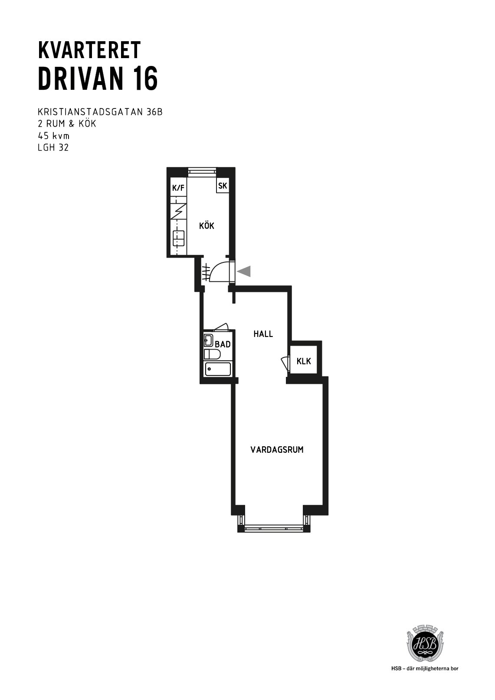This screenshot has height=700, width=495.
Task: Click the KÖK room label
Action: [207, 226]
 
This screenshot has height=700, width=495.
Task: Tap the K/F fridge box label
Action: [178, 188]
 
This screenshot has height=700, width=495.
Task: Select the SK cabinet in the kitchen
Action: [223, 186]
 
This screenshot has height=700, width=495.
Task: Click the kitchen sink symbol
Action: [178, 238]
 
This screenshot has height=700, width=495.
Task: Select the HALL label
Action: [263, 334]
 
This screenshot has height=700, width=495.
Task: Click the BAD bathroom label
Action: [223, 344]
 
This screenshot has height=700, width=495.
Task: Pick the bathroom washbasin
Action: [208, 340]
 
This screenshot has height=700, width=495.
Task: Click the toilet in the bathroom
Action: [212, 354]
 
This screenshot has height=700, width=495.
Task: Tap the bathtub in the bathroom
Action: [218, 369]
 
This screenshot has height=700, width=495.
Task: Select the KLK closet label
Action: [304, 361]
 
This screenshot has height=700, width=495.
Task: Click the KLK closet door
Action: [285, 363]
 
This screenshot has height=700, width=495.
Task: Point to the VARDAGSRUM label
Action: [277, 450]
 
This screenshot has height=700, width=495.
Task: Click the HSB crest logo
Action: [425, 640]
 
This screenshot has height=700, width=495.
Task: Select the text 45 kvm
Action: [53, 136]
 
